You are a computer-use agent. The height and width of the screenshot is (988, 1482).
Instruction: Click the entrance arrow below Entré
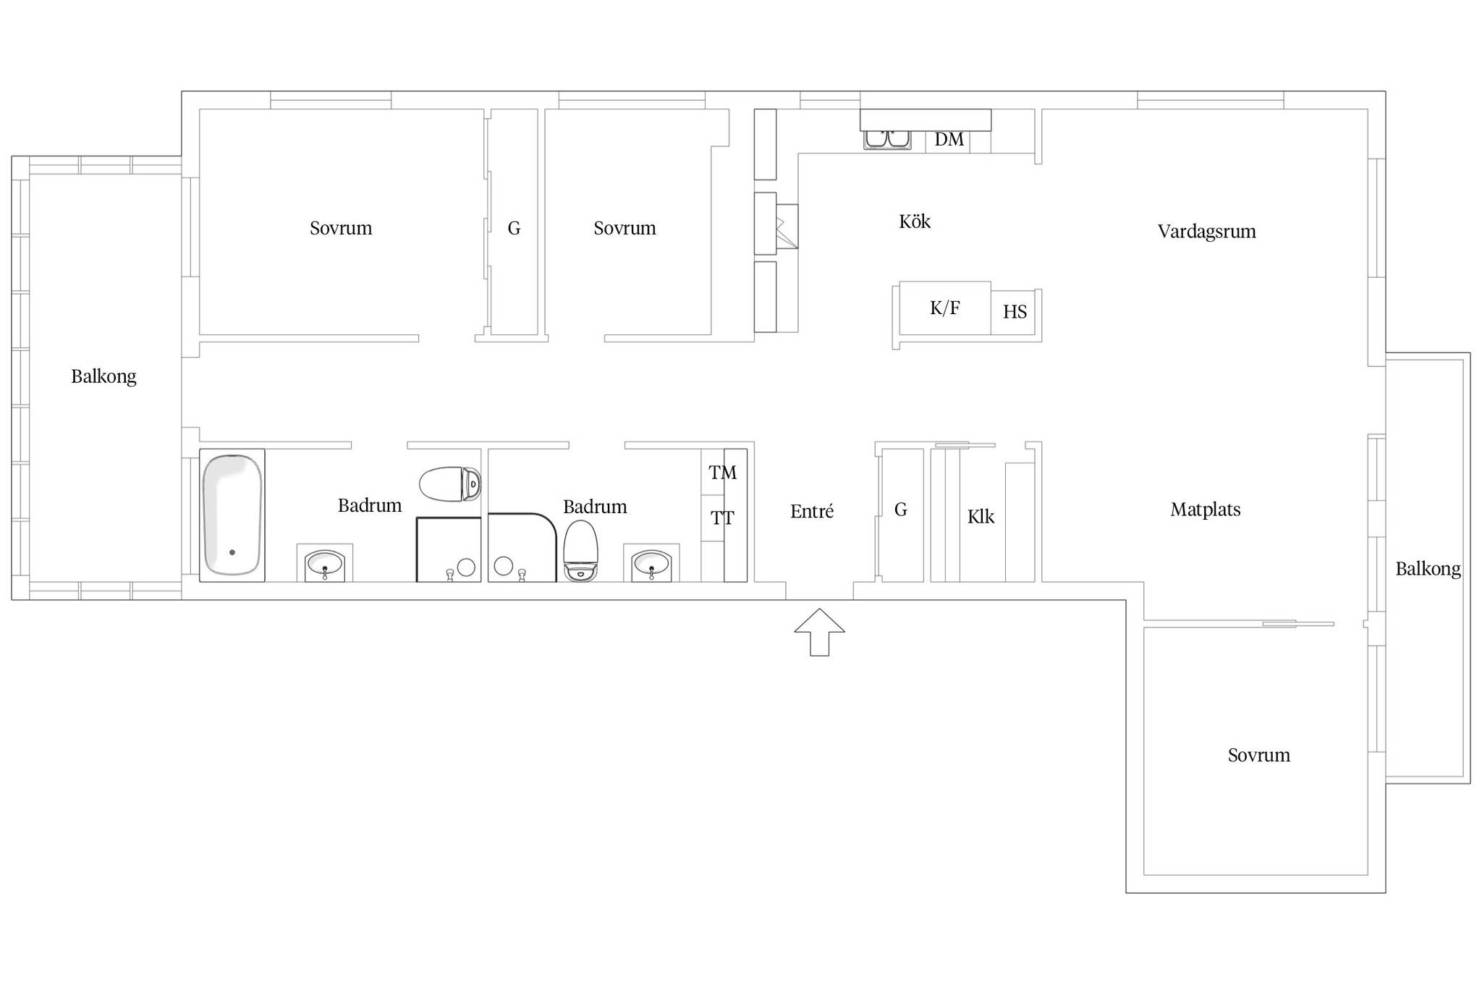(x=819, y=632)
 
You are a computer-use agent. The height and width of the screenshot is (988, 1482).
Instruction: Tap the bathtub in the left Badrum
(x=232, y=515)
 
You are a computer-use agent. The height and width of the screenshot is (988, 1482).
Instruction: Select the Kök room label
(x=915, y=221)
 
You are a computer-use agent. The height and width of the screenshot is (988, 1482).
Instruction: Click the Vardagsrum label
(x=1206, y=232)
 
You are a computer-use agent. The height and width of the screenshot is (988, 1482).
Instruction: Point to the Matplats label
(x=1206, y=510)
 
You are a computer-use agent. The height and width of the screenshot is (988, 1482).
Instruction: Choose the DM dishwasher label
(x=949, y=139)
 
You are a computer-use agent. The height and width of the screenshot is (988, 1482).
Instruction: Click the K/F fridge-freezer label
(x=944, y=308)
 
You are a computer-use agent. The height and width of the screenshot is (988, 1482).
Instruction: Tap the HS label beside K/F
(x=1015, y=312)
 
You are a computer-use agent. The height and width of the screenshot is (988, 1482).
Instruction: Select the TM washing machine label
(x=722, y=473)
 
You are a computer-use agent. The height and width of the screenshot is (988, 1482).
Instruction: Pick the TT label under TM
(x=722, y=518)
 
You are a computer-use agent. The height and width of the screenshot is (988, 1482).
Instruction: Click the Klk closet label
(x=981, y=516)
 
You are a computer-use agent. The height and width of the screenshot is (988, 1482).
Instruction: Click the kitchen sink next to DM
(x=887, y=140)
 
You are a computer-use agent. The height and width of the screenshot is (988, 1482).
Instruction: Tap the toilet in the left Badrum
(x=449, y=484)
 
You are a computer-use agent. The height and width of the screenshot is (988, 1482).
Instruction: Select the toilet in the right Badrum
(x=580, y=551)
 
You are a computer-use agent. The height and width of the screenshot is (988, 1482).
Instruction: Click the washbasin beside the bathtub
(x=325, y=563)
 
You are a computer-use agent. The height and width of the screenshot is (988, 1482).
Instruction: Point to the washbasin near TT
(x=651, y=563)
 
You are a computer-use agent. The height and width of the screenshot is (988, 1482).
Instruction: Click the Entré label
(x=812, y=512)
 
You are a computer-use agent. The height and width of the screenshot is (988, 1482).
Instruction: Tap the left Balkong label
(x=103, y=377)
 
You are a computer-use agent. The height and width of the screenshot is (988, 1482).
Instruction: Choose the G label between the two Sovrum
(x=514, y=229)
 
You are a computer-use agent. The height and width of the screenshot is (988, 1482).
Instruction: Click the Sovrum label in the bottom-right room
(x=1259, y=755)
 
